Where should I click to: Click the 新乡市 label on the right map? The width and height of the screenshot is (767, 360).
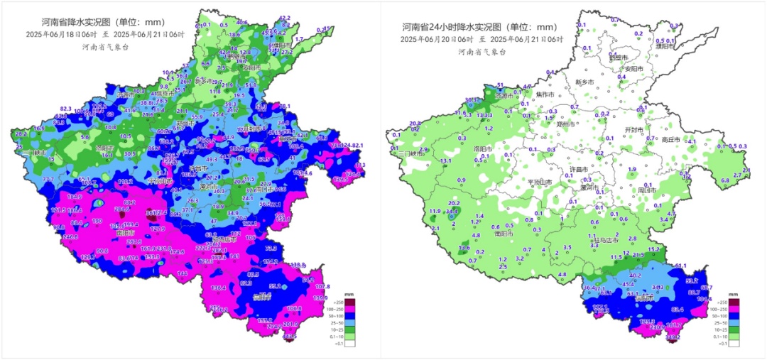(584, 82)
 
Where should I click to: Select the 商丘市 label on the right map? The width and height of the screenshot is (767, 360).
(670, 140)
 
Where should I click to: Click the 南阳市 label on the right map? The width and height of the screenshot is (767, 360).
(484, 232)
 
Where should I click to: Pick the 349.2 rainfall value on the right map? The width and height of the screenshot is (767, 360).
(673, 337)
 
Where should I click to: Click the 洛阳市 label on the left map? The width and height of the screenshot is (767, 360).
(105, 148)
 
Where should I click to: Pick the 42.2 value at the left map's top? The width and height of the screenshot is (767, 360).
(285, 18)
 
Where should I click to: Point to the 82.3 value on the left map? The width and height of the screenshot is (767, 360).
(66, 108)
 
